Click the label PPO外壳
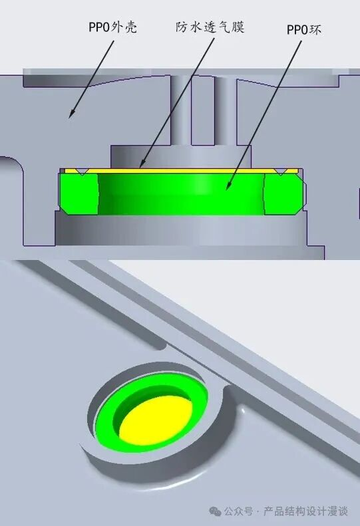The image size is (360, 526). point(112,27)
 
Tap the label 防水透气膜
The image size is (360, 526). point(210,27)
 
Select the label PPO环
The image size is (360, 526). point(303,30)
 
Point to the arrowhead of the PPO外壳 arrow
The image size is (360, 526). point(71,114)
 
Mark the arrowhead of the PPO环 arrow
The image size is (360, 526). point(228,186)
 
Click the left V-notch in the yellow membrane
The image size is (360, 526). point(83,171)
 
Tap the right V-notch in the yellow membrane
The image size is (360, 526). point(280,171)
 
